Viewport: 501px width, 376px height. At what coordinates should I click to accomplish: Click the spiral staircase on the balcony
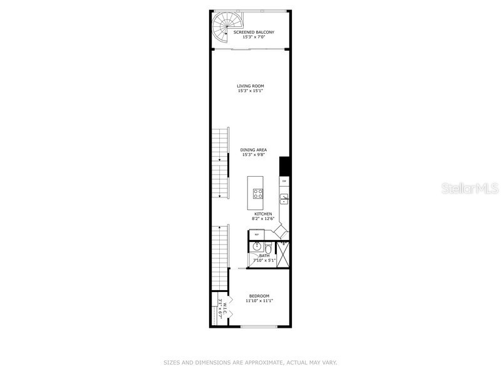(x=222, y=29)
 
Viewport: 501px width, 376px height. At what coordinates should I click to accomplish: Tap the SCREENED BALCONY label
(x=254, y=32)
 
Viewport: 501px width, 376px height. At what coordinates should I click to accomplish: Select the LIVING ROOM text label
(x=250, y=86)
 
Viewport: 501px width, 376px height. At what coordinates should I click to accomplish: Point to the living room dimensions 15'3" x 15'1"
(x=250, y=91)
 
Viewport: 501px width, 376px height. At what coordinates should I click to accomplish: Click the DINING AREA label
(x=254, y=150)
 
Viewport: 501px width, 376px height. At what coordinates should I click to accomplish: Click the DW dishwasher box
(x=284, y=181)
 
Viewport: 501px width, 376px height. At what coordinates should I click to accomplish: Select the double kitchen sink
(x=284, y=199)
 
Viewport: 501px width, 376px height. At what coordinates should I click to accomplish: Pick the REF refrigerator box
(x=255, y=234)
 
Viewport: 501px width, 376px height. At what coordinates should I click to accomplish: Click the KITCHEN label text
(x=262, y=214)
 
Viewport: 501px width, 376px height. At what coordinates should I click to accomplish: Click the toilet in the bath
(x=268, y=249)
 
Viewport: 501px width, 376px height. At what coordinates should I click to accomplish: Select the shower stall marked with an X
(x=283, y=254)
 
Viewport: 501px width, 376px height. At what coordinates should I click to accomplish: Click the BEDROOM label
(x=259, y=296)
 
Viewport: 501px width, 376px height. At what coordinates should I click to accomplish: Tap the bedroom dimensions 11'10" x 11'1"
(x=259, y=301)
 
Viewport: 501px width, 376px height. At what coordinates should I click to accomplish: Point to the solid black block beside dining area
(x=284, y=166)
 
